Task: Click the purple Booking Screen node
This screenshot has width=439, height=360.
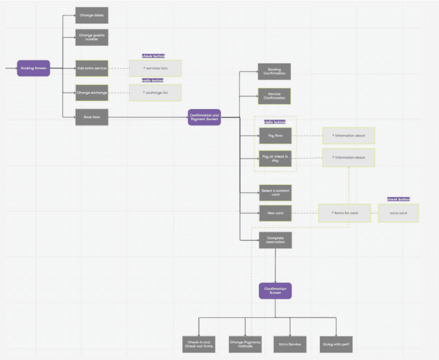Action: (33, 68)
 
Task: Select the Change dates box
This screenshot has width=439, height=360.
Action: (92, 14)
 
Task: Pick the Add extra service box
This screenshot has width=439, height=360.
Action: (92, 68)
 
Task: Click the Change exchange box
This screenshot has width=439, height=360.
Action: (92, 93)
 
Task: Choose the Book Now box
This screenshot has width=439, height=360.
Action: (92, 117)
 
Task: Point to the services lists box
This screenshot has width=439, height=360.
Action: (155, 68)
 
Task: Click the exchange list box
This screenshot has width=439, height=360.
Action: (155, 93)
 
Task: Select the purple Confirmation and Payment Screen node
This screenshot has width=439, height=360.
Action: (204, 117)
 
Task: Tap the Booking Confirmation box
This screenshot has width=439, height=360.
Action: (275, 71)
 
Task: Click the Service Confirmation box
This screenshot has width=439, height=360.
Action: (275, 96)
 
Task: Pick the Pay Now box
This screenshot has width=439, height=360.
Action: (275, 135)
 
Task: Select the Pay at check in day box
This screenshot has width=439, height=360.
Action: (275, 158)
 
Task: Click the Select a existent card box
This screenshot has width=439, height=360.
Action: (275, 192)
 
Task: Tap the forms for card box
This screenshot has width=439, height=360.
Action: (344, 213)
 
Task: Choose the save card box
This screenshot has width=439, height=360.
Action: (398, 213)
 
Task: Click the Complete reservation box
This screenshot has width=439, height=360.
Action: (275, 240)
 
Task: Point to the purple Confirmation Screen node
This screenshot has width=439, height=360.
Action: (275, 290)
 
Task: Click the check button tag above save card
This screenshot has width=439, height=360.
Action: (398, 199)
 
